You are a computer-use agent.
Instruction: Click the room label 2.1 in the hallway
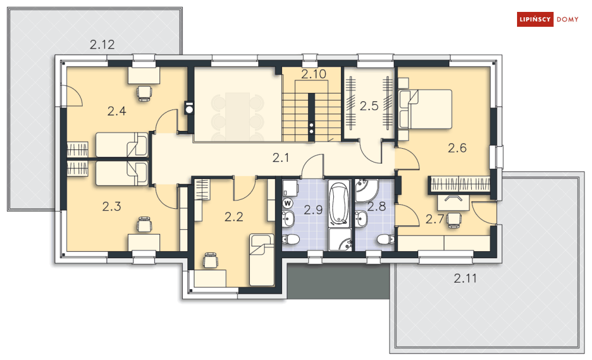(x=280, y=158)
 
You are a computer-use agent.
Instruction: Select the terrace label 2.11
(x=465, y=277)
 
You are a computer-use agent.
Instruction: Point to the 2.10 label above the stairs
(x=313, y=74)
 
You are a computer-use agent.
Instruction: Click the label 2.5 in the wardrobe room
(x=369, y=107)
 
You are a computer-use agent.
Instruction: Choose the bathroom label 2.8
(x=376, y=207)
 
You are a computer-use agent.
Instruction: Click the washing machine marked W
(x=289, y=203)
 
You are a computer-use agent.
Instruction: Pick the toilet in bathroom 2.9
(x=292, y=240)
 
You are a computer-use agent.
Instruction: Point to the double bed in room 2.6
(x=426, y=109)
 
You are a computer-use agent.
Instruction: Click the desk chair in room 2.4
(x=144, y=92)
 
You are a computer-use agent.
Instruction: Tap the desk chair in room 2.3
(x=144, y=224)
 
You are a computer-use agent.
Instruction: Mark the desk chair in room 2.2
(x=210, y=260)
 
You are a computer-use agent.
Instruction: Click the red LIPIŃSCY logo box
(x=534, y=20)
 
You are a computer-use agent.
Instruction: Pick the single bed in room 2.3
(x=121, y=173)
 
